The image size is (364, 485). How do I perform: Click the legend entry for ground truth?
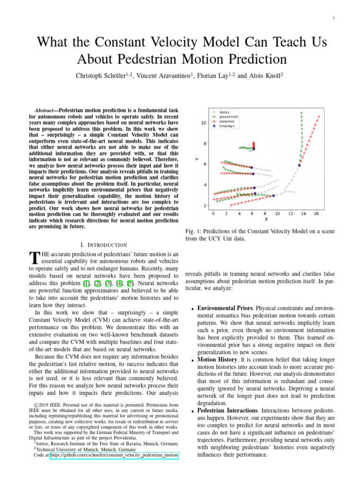(x=230, y=117)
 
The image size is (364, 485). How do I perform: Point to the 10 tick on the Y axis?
(x=204, y=123)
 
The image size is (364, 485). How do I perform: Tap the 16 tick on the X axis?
(x=316, y=214)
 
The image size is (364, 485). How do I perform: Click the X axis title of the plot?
(x=266, y=219)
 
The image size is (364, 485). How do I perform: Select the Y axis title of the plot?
(x=197, y=159)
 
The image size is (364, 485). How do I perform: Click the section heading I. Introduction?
(x=104, y=245)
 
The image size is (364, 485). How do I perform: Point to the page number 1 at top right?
(x=334, y=18)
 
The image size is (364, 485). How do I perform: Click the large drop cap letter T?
(x=34, y=259)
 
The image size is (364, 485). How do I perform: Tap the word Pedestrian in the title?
(x=174, y=59)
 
